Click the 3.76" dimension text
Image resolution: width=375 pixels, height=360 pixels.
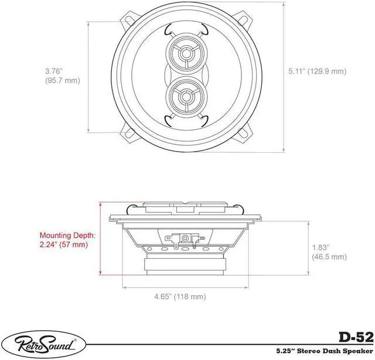click(x=54, y=71)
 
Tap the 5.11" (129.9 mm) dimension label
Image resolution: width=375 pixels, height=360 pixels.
click(x=317, y=71)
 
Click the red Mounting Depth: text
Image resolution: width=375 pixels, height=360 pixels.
click(x=67, y=235)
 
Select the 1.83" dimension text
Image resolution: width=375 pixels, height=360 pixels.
click(x=321, y=247)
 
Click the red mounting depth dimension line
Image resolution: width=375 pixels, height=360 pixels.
click(x=101, y=240)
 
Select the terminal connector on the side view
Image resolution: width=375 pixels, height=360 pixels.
click(x=185, y=238)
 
